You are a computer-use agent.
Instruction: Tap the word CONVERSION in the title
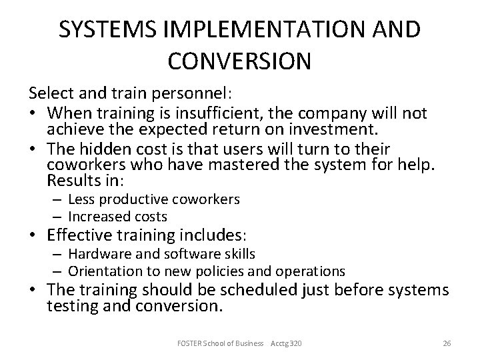[x=239, y=61]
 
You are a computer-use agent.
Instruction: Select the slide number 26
[x=447, y=343]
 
